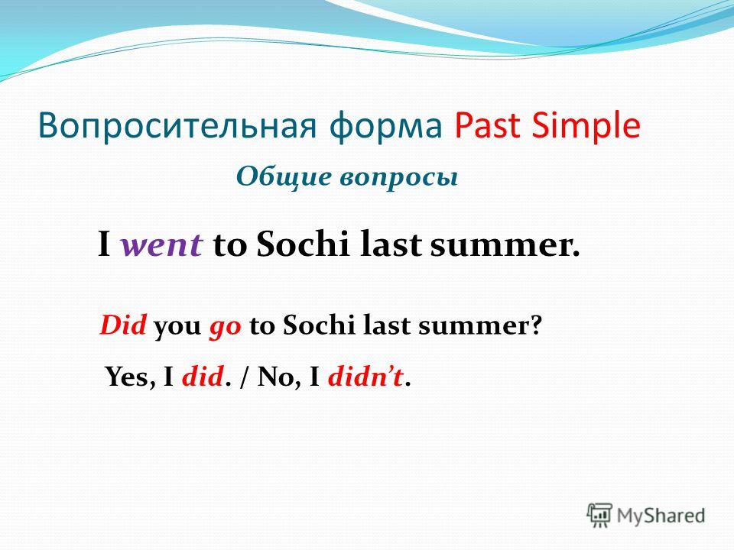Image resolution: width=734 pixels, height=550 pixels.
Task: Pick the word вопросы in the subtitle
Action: click(399, 179)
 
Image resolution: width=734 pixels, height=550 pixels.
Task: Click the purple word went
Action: click(162, 245)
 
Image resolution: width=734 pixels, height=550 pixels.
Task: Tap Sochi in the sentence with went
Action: click(303, 243)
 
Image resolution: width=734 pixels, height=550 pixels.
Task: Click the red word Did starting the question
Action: click(122, 325)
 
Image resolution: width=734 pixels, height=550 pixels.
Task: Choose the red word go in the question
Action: click(225, 328)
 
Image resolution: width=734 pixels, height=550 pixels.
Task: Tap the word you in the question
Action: click(177, 328)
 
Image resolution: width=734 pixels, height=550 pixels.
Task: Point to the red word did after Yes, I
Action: click(202, 377)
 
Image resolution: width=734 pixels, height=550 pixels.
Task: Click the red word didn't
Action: click(365, 377)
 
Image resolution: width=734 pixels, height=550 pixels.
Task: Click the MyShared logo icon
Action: click(599, 516)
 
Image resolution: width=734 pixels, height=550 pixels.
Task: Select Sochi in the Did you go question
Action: click(320, 325)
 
